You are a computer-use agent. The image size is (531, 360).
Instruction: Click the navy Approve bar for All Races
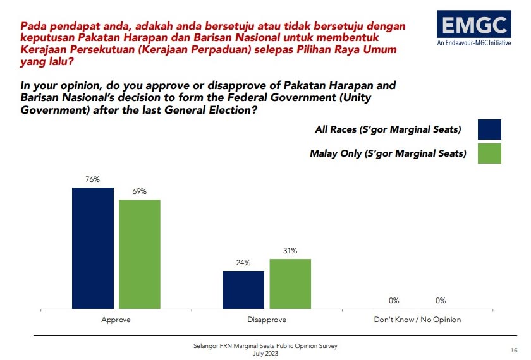point(93,248)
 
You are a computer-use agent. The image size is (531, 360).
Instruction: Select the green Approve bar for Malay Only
point(140,255)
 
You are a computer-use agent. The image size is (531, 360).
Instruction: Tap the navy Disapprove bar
point(243,290)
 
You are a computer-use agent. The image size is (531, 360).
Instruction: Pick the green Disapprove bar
point(290,284)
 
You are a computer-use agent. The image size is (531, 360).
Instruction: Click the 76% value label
point(93,179)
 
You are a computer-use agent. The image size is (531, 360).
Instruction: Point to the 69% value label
point(140,191)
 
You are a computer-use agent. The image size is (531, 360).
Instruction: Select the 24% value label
point(243,263)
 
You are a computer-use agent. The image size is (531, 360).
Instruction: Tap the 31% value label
point(290,251)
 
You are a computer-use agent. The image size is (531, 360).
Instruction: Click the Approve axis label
point(116,320)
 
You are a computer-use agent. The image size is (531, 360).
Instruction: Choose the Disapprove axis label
point(266,320)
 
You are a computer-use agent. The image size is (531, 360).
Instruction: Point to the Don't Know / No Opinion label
point(417,320)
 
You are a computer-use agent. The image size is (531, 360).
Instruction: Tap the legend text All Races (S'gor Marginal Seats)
point(388,130)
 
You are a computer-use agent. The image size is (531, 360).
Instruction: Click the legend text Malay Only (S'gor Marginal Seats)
point(388,153)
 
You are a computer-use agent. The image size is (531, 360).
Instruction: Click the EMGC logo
point(473,25)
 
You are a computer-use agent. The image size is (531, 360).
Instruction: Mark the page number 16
point(514,351)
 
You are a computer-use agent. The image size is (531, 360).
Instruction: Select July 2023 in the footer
point(265,353)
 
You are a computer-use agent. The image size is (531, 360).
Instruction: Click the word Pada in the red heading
point(33,27)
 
